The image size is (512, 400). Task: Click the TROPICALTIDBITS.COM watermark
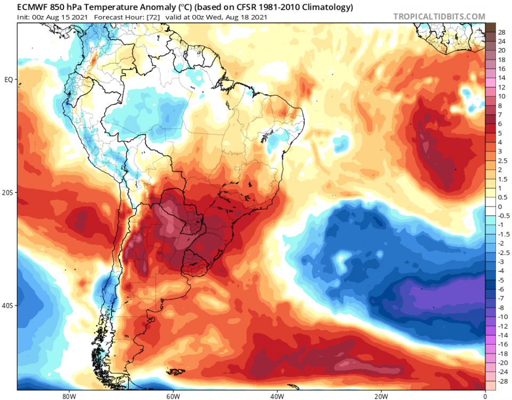(439, 17)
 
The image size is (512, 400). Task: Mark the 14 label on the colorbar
(501, 78)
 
